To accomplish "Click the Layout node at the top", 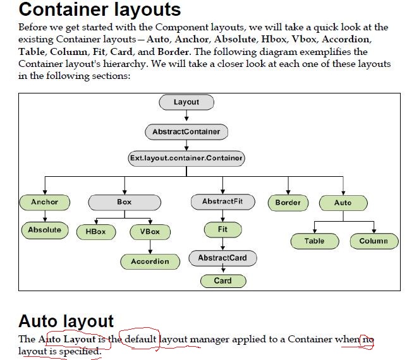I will tap(186, 102).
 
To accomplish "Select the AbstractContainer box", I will tap(186, 132).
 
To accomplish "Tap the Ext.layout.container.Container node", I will tap(186, 159).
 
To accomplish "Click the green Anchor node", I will tap(44, 202).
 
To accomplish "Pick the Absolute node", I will tap(45, 230).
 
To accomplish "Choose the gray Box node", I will tap(124, 202).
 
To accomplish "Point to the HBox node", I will tap(96, 232).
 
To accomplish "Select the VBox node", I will tap(150, 232).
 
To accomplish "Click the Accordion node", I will tap(150, 261).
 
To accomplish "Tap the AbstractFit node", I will tap(222, 202).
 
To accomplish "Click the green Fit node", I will tap(222, 229).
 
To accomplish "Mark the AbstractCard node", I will tap(222, 258).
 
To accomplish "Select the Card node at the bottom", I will tap(222, 280).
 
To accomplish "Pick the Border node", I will tap(288, 203).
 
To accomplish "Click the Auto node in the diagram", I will tap(343, 203).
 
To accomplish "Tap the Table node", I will tap(315, 241).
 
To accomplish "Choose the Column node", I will tap(373, 241).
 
